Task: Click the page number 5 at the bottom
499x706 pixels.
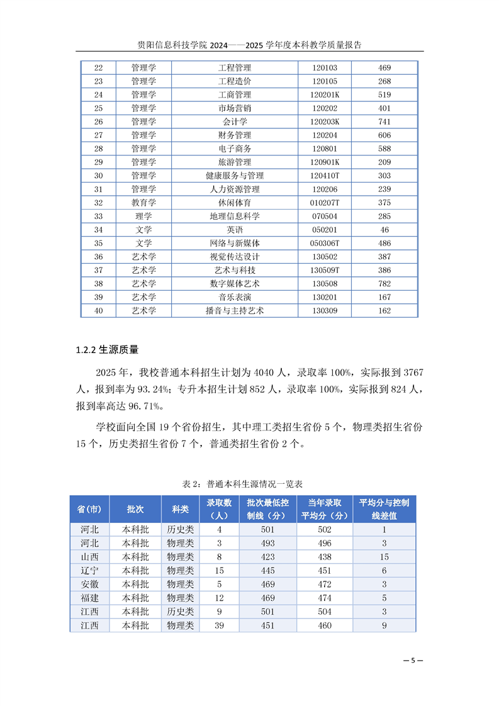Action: click(412, 660)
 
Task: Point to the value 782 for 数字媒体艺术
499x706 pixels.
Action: click(385, 284)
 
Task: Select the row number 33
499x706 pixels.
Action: click(98, 216)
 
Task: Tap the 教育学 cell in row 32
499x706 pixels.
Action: click(143, 203)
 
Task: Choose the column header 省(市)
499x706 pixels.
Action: click(89, 509)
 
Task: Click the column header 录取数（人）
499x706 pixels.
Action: click(219, 509)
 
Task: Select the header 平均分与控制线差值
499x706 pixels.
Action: click(384, 509)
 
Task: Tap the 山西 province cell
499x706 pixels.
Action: click(89, 557)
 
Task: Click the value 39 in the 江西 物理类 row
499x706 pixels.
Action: click(219, 625)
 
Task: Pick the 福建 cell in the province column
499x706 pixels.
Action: click(89, 598)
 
